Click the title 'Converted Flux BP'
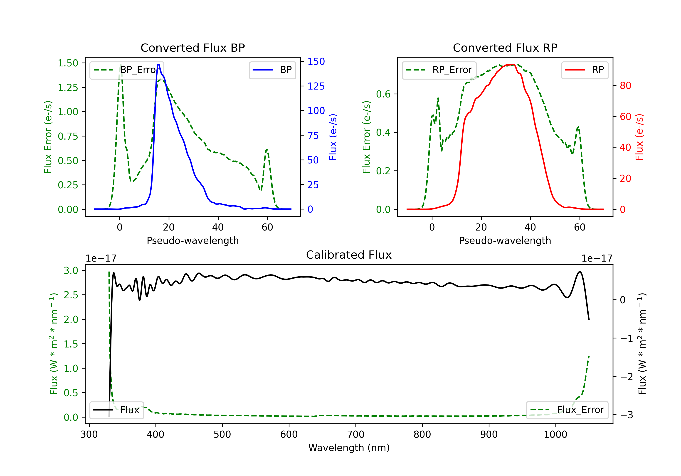[192, 48]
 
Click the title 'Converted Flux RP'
[505, 48]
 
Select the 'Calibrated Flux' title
[349, 255]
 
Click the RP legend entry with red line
[584, 70]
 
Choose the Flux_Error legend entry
[567, 410]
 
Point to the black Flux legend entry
[116, 410]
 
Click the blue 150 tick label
[316, 62]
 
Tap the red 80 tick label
[625, 86]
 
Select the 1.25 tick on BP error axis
[68, 87]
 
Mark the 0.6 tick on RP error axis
[383, 94]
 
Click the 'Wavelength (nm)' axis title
[349, 448]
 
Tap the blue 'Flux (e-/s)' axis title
[333, 137]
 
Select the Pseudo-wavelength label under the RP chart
[505, 240]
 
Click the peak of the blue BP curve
[158, 64]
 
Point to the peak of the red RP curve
[513, 64]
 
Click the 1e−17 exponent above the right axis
[597, 258]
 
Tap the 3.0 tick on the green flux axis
[71, 270]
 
